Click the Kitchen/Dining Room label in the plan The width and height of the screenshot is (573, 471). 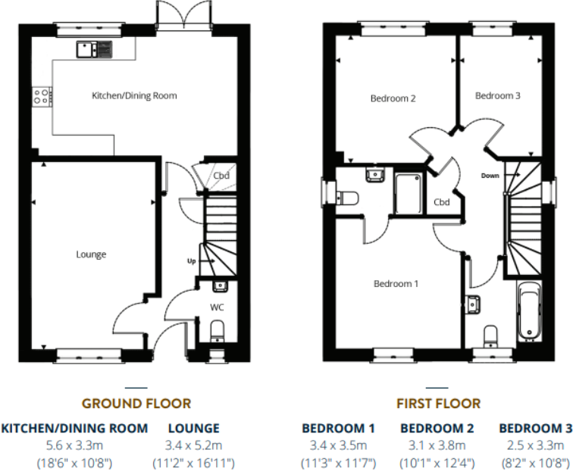(134, 96)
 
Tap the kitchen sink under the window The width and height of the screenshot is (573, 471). (94, 49)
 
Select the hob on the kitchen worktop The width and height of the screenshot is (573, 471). (42, 96)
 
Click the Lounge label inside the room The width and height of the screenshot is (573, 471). (91, 254)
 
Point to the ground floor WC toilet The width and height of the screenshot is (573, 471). (218, 329)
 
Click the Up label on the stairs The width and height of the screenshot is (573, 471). (193, 260)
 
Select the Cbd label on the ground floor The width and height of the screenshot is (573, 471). (221, 176)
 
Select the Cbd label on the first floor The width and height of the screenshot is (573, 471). (442, 202)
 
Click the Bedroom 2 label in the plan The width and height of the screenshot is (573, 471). (393, 98)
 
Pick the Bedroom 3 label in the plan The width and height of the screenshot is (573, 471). (497, 96)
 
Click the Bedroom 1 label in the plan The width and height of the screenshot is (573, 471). (396, 284)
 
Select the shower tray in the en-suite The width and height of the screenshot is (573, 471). (409, 194)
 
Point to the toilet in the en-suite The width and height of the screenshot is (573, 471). (347, 198)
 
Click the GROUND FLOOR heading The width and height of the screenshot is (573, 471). (136, 404)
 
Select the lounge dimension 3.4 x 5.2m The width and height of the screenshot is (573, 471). (194, 445)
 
